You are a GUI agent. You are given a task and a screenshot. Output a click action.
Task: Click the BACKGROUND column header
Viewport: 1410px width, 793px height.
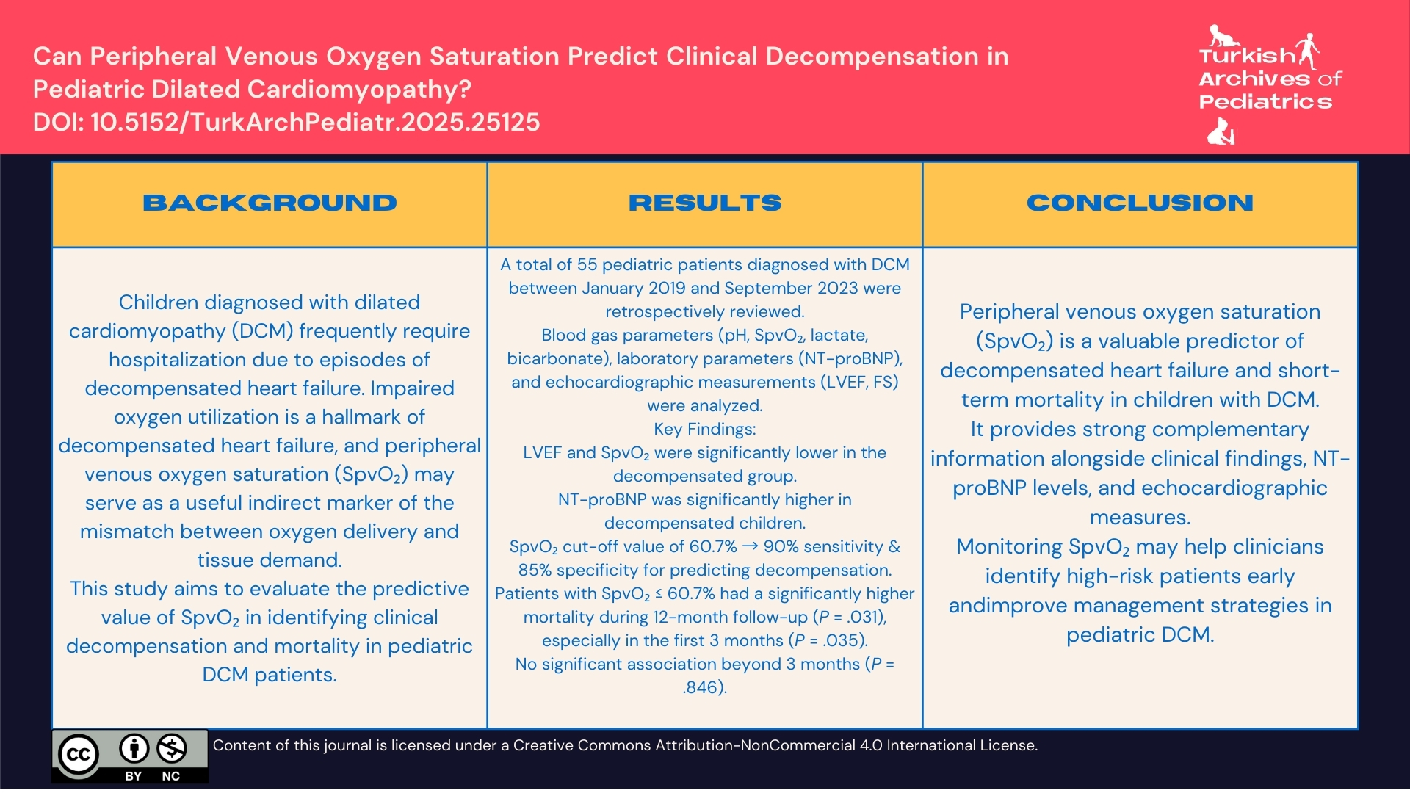pos(270,203)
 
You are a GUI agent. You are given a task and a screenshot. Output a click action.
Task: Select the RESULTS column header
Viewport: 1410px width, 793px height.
pos(704,203)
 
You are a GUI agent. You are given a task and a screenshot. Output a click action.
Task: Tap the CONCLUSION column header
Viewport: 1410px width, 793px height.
pos(1140,203)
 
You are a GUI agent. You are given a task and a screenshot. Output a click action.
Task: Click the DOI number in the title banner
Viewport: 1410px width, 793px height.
pos(315,122)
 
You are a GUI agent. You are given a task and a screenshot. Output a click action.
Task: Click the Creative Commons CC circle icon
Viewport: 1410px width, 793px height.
pos(78,755)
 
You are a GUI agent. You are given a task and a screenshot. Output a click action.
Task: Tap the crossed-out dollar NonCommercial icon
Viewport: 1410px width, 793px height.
pos(172,749)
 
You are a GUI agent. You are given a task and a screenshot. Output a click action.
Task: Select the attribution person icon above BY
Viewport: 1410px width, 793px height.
pos(134,749)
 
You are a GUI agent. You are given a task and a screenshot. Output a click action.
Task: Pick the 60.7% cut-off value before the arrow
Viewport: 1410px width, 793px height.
pos(712,547)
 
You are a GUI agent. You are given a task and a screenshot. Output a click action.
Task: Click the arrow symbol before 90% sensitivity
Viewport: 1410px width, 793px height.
pos(750,547)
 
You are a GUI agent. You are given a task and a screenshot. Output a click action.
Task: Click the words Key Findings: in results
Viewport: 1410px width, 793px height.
pos(704,430)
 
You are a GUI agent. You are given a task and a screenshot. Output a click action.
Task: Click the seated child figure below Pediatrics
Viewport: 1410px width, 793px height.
pos(1221,133)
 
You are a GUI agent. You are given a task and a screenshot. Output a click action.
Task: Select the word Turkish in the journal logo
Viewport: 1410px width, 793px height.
pos(1246,56)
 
